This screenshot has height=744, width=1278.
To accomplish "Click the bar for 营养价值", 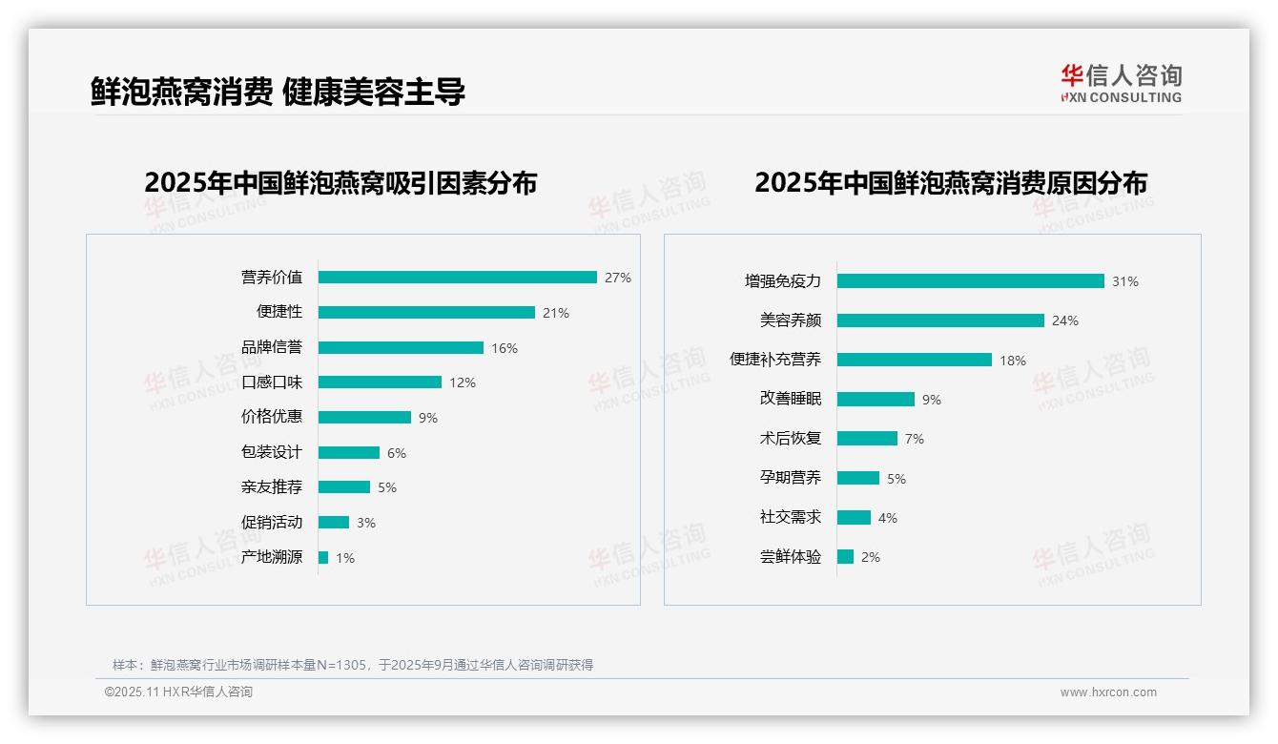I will tap(457, 278).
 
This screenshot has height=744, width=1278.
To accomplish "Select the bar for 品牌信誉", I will tap(401, 348).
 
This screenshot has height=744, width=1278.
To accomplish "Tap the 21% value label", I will tap(556, 313).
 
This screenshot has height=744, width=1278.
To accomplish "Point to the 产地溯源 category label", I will tap(272, 557).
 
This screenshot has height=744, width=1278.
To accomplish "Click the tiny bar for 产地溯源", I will tap(323, 557).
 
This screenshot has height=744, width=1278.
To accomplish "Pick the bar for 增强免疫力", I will tap(970, 281).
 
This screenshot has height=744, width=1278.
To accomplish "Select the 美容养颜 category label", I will tap(791, 320).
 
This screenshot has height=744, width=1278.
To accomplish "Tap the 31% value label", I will tap(1125, 281).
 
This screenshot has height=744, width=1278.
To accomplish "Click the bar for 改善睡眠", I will tap(876, 400).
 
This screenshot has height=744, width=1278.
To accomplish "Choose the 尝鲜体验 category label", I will tap(791, 557).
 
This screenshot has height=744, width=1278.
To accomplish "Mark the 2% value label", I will tap(871, 557).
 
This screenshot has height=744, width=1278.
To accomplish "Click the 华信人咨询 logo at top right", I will tap(1121, 83).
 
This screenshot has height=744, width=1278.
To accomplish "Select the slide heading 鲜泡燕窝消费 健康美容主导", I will tap(278, 92).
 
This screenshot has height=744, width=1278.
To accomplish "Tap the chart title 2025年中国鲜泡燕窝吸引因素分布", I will tap(340, 183).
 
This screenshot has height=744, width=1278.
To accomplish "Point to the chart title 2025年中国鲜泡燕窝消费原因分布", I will tap(951, 183).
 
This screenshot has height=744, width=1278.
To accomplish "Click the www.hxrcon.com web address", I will tap(1108, 692).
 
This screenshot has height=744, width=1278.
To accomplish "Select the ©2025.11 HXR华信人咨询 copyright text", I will tap(178, 692).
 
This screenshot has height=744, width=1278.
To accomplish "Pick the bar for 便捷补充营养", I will tap(915, 360).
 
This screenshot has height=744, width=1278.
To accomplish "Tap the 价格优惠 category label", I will tap(272, 417).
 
